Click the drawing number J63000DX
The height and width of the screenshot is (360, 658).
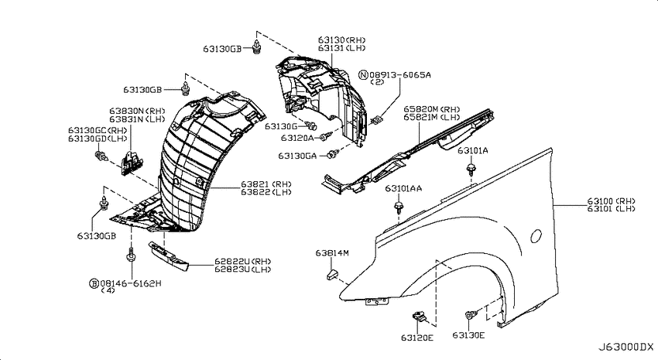point(625,347)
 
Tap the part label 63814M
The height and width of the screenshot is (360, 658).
point(332,253)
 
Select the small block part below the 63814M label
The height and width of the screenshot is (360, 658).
point(331,276)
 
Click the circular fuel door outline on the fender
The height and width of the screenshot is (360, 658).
point(536,235)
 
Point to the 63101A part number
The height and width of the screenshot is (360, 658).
point(472,150)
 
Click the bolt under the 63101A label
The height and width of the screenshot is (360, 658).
point(471,170)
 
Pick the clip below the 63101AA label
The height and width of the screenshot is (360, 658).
point(398,207)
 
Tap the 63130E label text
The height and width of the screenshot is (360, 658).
point(468,335)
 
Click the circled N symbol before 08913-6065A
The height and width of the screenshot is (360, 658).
point(363,75)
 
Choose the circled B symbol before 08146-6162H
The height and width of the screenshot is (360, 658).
point(94,283)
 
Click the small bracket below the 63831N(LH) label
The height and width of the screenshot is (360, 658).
point(132,163)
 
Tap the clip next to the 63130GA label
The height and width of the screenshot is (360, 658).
point(333,154)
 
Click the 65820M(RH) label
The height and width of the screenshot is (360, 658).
point(432,109)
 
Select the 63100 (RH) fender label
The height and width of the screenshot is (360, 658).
point(611,201)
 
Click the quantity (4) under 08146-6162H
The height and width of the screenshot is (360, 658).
point(108,290)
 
